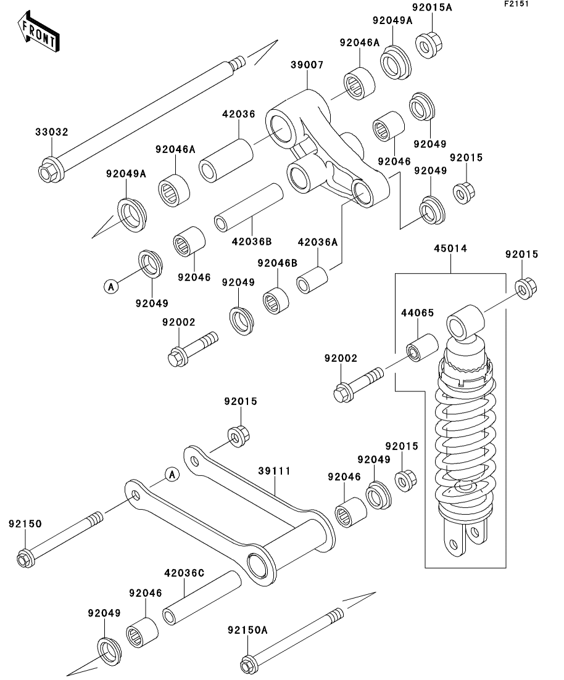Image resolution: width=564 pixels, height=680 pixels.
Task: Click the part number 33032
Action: (x=51, y=132)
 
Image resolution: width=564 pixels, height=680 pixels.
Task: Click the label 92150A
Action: (x=247, y=630)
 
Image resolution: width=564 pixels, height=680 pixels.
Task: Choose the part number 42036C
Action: (x=183, y=573)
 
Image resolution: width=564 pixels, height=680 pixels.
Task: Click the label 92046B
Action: (x=277, y=263)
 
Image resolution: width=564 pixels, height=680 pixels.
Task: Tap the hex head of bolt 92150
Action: (x=25, y=560)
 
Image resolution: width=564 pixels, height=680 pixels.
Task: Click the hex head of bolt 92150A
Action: (x=248, y=666)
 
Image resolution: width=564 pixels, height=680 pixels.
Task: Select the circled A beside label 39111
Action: (x=172, y=474)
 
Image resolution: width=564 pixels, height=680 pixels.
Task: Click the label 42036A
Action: (x=318, y=242)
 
